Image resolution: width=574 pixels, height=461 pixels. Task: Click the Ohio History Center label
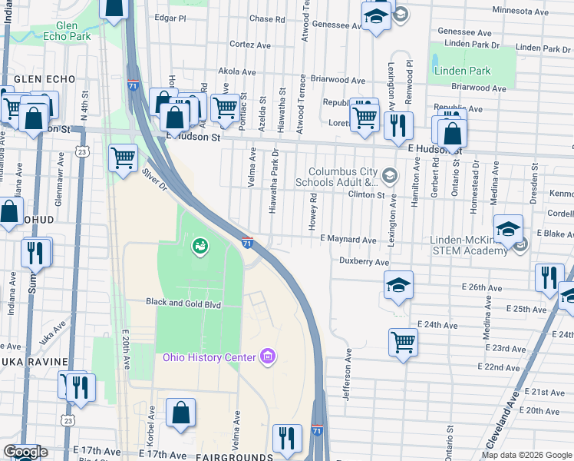pyautogui.click(x=210, y=357)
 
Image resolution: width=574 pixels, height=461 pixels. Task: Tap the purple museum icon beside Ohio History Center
pyautogui.click(x=267, y=357)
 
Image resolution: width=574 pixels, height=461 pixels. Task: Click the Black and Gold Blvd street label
pyautogui.click(x=183, y=303)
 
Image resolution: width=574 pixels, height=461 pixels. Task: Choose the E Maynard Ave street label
pyautogui.click(x=348, y=240)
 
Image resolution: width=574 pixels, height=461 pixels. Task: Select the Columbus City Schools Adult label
pyautogui.click(x=343, y=177)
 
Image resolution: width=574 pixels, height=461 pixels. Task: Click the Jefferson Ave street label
pyautogui.click(x=347, y=374)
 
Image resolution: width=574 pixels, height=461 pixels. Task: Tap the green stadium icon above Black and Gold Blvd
pyautogui.click(x=199, y=245)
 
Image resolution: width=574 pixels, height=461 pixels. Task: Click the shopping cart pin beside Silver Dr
pyautogui.click(x=123, y=158)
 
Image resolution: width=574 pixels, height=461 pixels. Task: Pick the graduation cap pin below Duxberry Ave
pyautogui.click(x=398, y=285)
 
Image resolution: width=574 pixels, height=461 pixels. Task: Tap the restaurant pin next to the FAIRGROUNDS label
pyautogui.click(x=287, y=437)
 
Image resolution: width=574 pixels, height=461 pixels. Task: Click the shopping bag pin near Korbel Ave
pyautogui.click(x=180, y=413)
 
